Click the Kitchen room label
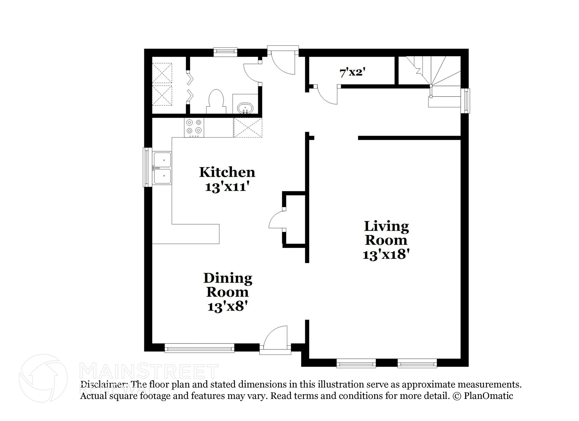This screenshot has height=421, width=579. click(227, 172)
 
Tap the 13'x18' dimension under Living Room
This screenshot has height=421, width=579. click(386, 254)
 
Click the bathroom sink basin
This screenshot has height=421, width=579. click(245, 109)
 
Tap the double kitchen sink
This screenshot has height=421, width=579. click(162, 168)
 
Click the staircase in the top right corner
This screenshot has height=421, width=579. click(433, 76)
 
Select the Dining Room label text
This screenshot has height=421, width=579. click(228, 285)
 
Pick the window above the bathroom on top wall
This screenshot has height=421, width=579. click(225, 51)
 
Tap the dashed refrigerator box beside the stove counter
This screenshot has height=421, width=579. click(248, 128)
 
